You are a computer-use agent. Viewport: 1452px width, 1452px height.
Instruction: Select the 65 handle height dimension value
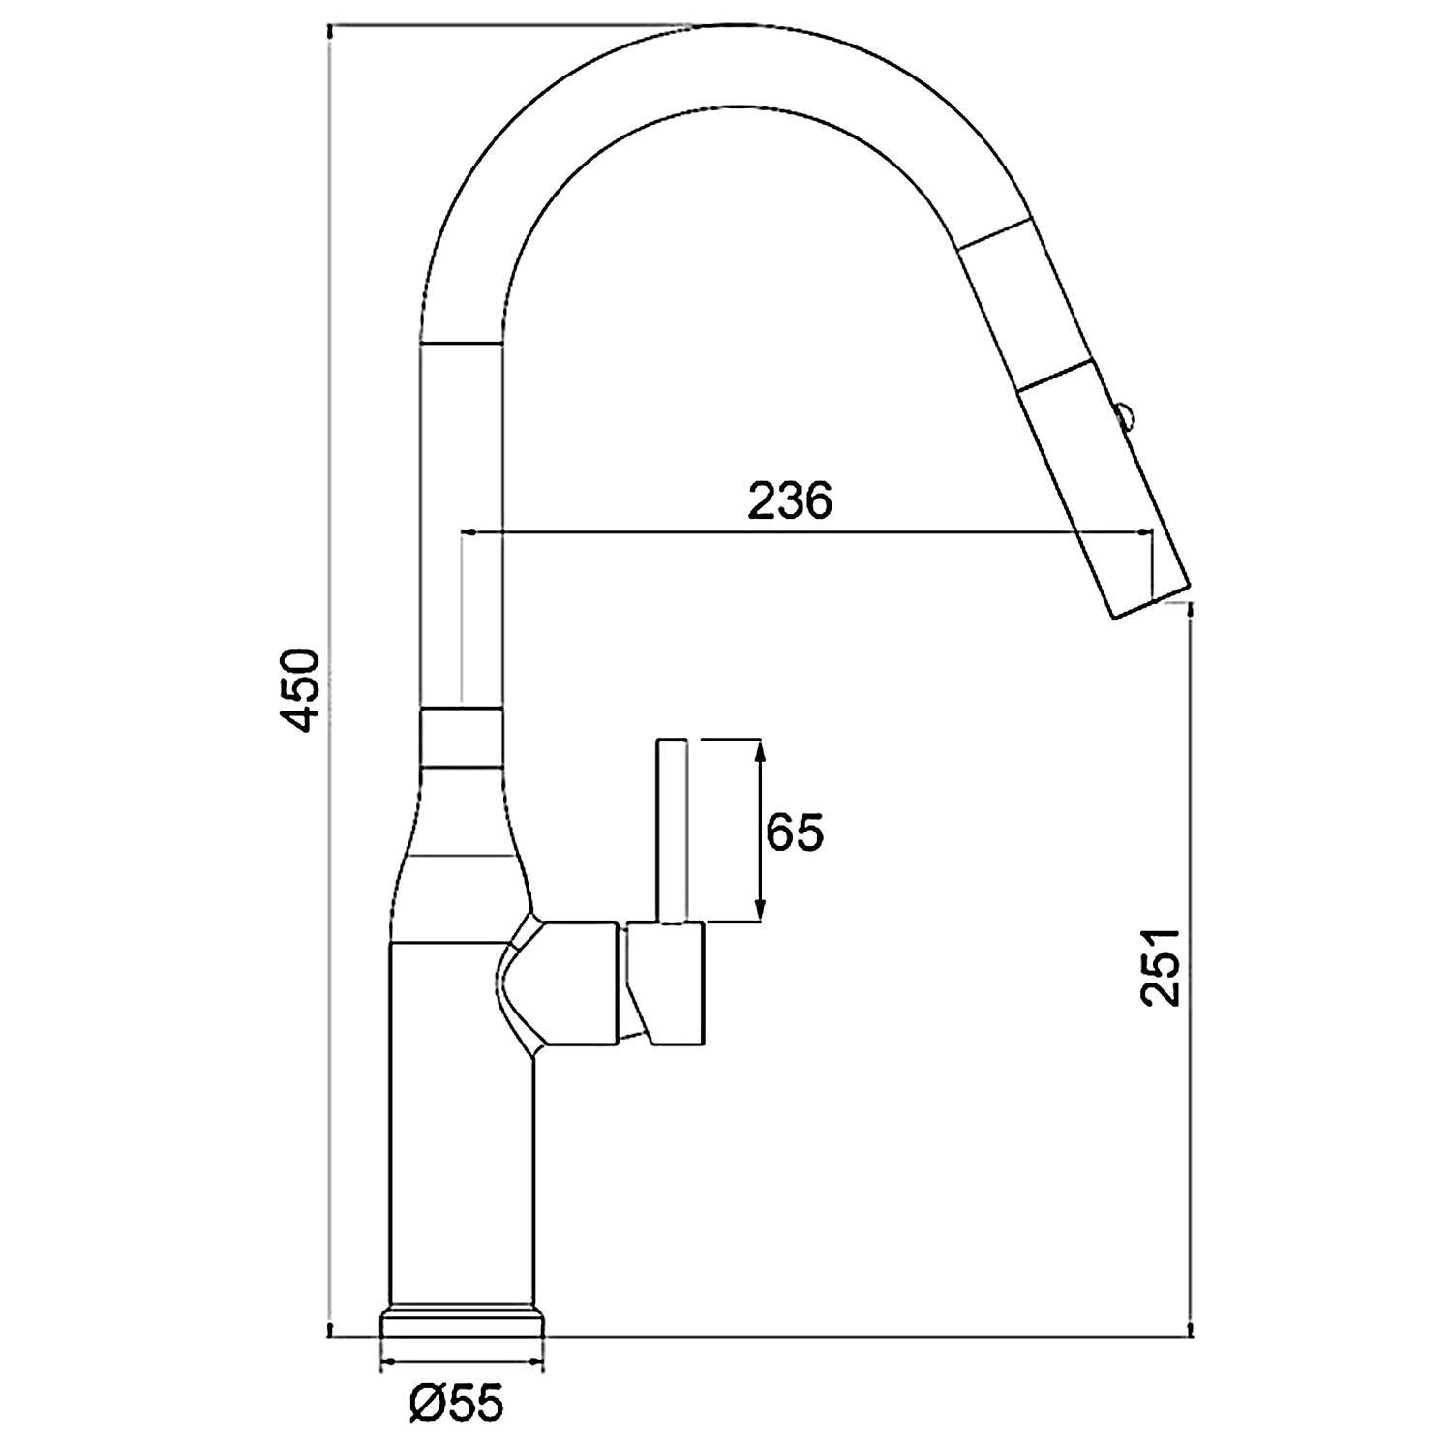[x=795, y=832]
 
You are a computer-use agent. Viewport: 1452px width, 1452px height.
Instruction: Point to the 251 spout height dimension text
[x=1162, y=967]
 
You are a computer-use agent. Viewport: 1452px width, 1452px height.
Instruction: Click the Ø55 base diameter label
[x=457, y=1402]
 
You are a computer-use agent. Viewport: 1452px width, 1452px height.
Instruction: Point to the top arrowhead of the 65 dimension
[x=761, y=747]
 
